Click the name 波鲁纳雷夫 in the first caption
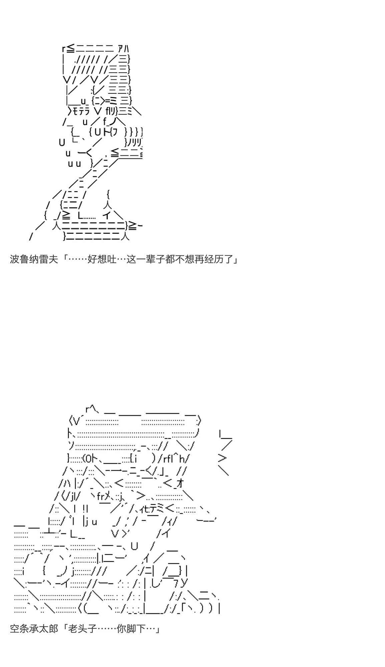tap(34, 259)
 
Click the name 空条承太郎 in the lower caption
tap(34, 629)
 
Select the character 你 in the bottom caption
tap(121, 629)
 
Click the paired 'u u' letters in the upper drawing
tap(74, 163)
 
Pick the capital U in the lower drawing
tap(134, 546)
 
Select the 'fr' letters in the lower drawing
tap(101, 497)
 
